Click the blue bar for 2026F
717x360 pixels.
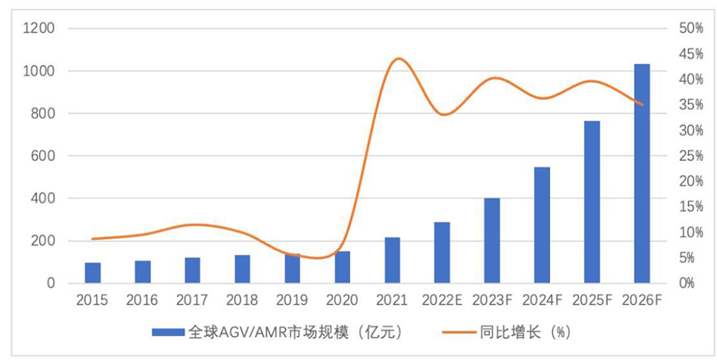click(x=641, y=174)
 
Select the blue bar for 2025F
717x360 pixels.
click(x=592, y=202)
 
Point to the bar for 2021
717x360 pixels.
click(x=392, y=260)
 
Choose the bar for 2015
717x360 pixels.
click(x=93, y=273)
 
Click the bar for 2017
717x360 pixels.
click(x=193, y=271)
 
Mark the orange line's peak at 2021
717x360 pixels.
click(x=399, y=58)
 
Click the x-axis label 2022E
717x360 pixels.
click(x=443, y=300)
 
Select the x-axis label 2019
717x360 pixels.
click(x=292, y=300)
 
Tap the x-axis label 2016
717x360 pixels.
click(x=143, y=300)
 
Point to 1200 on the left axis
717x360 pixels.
click(x=38, y=29)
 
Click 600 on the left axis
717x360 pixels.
click(x=42, y=156)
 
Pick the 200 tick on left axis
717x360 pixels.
click(x=42, y=241)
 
